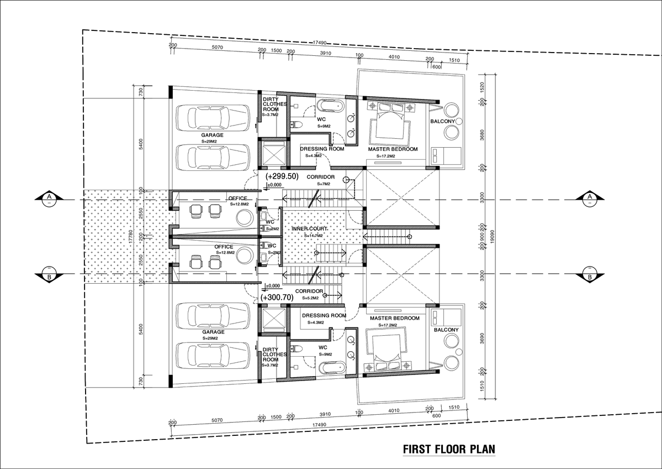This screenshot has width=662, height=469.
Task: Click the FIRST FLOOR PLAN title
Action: point(449,449)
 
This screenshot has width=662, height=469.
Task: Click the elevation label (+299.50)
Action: point(282,177)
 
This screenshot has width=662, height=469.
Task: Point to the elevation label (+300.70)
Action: point(277,298)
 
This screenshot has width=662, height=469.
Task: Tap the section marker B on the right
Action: point(589,274)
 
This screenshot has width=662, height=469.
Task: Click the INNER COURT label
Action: point(310,229)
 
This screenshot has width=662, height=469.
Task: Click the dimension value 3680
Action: point(482,136)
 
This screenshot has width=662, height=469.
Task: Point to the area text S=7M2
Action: point(324,184)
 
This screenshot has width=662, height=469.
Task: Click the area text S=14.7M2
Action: point(314,236)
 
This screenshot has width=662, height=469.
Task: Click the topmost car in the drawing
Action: point(212,118)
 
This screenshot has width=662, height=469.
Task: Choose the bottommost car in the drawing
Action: point(212,356)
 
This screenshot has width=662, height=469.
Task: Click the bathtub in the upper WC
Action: point(331,106)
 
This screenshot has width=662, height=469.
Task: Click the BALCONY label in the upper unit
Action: point(442,121)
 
